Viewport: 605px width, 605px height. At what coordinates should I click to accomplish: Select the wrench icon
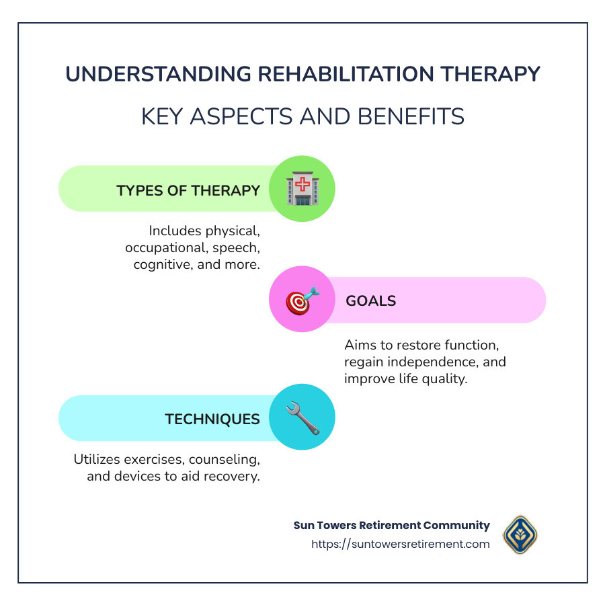[302, 417]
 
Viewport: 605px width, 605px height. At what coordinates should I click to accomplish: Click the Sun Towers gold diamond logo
[520, 535]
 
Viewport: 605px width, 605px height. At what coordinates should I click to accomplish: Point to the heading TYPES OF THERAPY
[188, 190]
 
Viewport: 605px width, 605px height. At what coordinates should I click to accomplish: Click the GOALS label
[370, 300]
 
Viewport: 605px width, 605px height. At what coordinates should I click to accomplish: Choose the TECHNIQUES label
[212, 419]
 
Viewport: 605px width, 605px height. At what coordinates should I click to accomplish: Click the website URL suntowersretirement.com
[401, 544]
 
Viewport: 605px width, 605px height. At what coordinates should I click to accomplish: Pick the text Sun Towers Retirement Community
[392, 526]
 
